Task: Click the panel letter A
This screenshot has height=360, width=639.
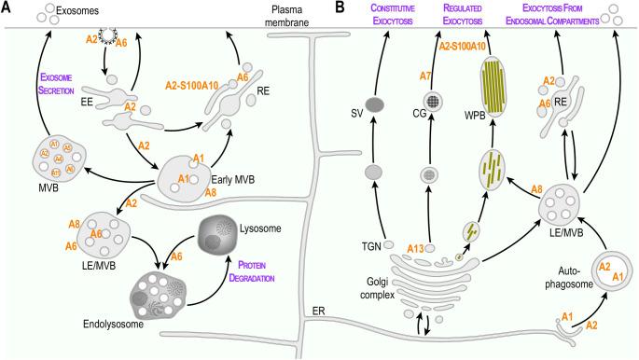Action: coord(7,7)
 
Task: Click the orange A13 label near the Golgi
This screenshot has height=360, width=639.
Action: coord(418,247)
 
